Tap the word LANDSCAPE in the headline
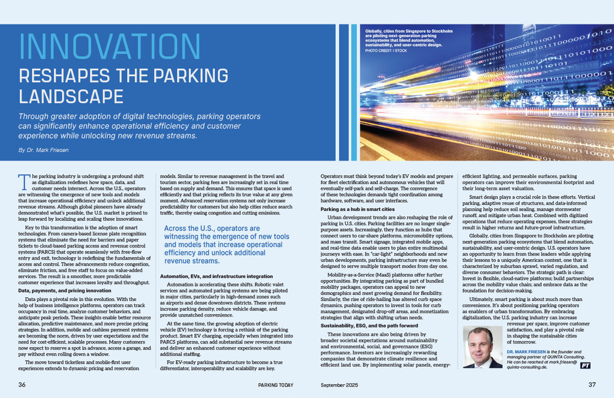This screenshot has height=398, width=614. pos(71,96)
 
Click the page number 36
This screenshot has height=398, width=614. pos(22,384)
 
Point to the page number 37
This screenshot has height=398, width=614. pos(591,384)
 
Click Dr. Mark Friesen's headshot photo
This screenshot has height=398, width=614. pos(481,347)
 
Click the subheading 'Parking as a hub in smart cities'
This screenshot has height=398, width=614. pos(357,209)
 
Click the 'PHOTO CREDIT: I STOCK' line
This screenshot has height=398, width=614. pos(386,50)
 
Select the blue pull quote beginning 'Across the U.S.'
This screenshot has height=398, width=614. pos(227,245)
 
